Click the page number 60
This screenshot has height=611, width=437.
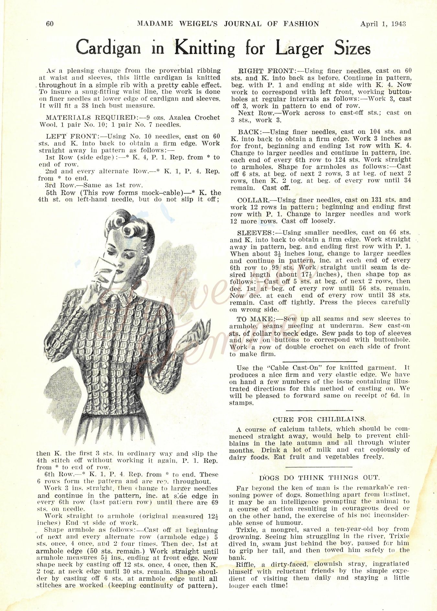(50, 24)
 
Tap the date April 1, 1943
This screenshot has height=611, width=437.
(383, 24)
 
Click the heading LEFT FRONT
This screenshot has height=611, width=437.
(72, 136)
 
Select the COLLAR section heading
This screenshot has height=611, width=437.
(253, 200)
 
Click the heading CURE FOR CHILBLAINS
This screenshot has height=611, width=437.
(319, 420)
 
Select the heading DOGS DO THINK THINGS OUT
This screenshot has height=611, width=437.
(319, 478)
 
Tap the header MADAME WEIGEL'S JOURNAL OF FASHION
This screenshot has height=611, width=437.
(228, 24)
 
